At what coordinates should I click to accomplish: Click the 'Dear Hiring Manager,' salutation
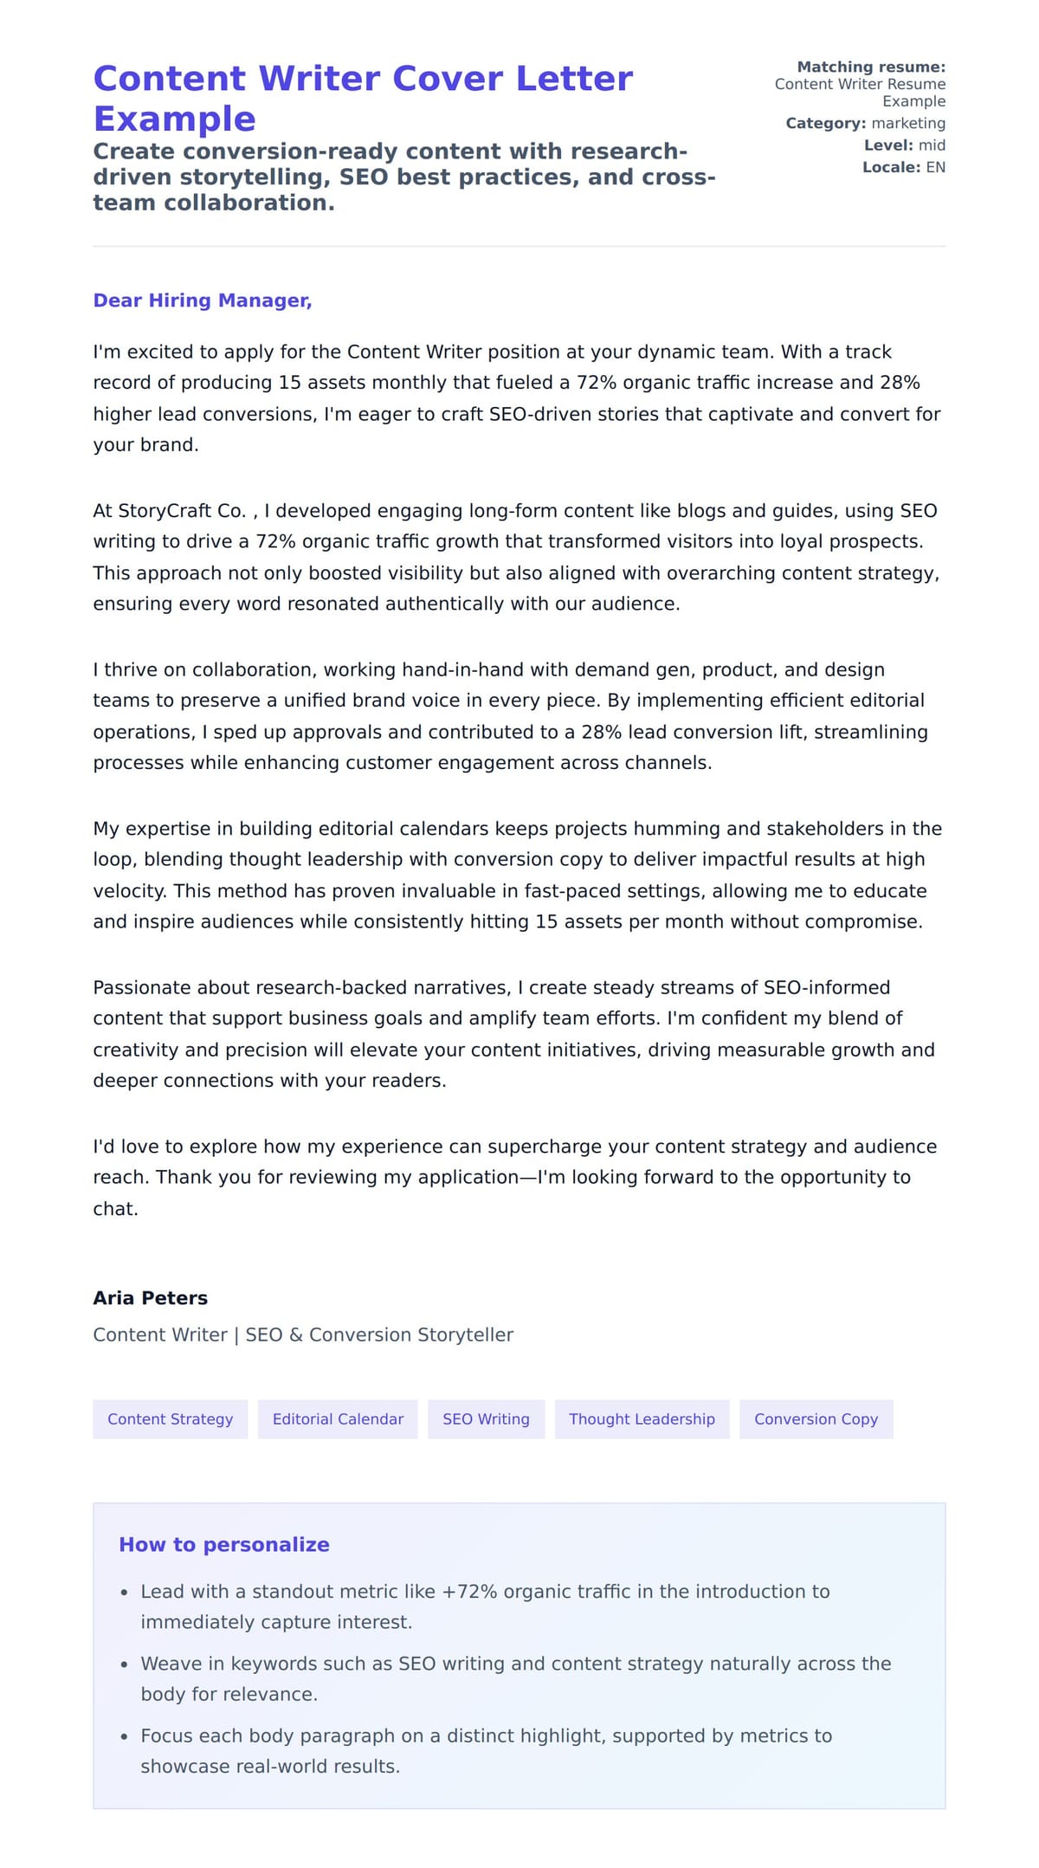click(202, 301)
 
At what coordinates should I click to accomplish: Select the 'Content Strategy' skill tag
click(171, 1419)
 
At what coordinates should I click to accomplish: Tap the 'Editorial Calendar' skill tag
click(338, 1419)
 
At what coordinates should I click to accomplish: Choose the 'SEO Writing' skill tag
click(486, 1419)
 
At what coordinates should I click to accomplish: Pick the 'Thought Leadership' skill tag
click(642, 1419)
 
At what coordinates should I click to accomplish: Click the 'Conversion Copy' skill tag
click(816, 1419)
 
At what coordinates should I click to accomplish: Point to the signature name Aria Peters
click(151, 1297)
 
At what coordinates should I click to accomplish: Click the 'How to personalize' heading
click(224, 1544)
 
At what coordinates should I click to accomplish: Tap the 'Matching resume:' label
click(871, 67)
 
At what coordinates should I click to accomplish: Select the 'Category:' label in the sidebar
click(825, 123)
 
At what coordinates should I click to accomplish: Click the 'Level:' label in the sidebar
click(888, 145)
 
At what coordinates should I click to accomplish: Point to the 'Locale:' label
click(891, 167)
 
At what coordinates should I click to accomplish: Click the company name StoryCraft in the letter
click(170, 511)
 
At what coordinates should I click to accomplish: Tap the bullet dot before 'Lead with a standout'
click(125, 1593)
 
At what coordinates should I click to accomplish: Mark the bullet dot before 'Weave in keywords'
click(125, 1664)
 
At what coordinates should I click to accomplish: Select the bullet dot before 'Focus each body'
click(125, 1736)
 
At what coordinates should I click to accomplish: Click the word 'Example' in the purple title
click(175, 119)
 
